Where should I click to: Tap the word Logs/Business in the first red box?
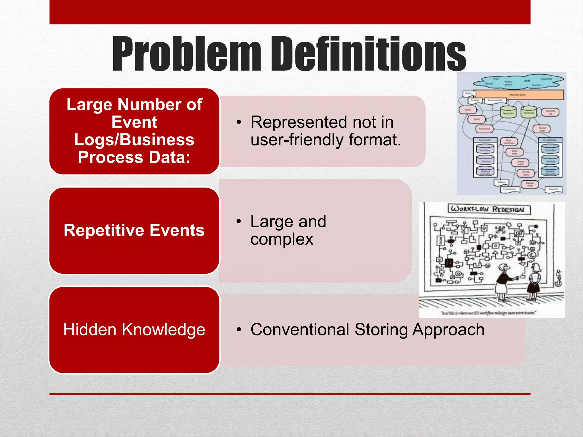tap(134, 140)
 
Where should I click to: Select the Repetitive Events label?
tap(134, 230)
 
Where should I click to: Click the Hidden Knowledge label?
tap(134, 329)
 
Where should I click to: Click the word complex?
tap(282, 239)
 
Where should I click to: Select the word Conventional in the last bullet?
tap(300, 329)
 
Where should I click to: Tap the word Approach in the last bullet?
tap(448, 329)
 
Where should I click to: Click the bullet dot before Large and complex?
tap(239, 222)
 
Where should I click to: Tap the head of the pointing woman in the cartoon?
tap(504, 267)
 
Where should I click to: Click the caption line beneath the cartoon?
tap(488, 313)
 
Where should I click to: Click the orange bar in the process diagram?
tap(519, 94)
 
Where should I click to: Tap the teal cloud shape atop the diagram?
tap(518, 81)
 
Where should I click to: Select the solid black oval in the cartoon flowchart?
tap(536, 226)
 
